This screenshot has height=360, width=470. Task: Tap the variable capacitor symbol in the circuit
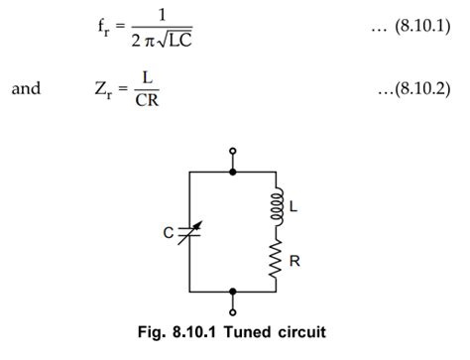coord(188,233)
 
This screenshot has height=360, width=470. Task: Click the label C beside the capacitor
coord(170,234)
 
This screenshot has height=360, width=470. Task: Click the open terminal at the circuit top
coord(233,153)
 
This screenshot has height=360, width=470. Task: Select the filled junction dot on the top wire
coord(233,172)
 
